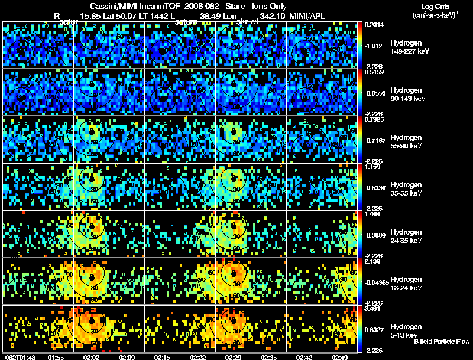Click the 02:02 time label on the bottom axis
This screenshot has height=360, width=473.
[91, 357]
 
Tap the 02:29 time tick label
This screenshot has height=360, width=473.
[234, 357]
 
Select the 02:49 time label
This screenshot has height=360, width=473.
[339, 357]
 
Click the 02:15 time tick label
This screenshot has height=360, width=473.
[162, 357]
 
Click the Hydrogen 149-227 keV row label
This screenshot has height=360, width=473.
[407, 47]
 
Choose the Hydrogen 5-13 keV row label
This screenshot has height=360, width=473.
[407, 330]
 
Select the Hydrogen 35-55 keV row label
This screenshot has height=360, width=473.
[407, 189]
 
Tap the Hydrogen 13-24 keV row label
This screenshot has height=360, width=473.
[407, 283]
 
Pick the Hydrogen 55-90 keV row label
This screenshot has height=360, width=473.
[407, 141]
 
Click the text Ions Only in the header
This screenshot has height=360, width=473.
[268, 5]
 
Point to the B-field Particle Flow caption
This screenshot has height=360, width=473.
[441, 342]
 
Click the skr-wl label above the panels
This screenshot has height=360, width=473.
[247, 21]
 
